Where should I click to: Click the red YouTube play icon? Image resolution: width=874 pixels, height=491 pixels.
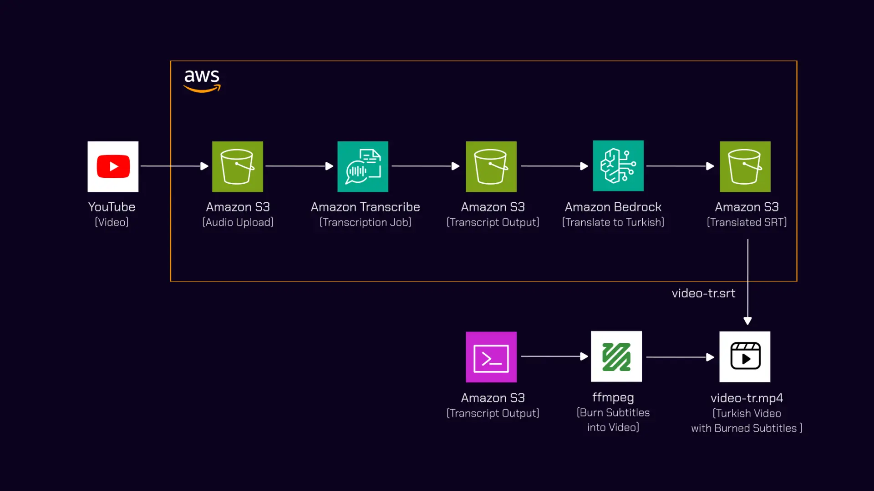[x=113, y=166]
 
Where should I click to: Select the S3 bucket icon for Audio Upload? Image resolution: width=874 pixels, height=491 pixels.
[x=238, y=166]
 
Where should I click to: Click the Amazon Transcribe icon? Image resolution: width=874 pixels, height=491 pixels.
[x=363, y=166]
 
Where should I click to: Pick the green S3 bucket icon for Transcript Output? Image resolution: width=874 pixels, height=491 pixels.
[x=491, y=166]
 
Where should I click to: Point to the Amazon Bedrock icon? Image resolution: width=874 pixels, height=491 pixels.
[x=618, y=165]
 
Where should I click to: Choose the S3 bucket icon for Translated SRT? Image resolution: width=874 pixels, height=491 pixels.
[x=745, y=166]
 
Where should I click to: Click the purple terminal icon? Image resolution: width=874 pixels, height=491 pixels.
[x=491, y=357]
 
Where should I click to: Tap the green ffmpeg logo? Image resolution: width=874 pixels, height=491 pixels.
[x=616, y=356]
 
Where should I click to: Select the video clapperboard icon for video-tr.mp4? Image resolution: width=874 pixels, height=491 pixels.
[x=745, y=356]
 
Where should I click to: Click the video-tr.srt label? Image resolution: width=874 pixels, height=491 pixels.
[x=703, y=293]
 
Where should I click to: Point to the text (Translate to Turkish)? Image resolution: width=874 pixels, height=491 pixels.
[x=613, y=222]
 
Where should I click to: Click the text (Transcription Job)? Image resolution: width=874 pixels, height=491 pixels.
[x=366, y=222]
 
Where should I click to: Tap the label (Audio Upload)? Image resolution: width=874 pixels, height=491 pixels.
[x=238, y=222]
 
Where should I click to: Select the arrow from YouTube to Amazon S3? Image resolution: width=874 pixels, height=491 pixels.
[x=174, y=166]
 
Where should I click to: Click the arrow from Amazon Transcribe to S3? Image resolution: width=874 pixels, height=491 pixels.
[x=426, y=166]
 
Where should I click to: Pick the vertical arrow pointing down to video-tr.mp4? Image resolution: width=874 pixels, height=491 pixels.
[x=747, y=282]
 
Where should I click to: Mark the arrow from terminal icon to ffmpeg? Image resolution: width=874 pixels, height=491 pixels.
[x=554, y=357]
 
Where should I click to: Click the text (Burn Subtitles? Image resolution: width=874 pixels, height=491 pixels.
[x=613, y=412]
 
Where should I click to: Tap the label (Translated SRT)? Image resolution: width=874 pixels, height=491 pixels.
[x=747, y=222]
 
